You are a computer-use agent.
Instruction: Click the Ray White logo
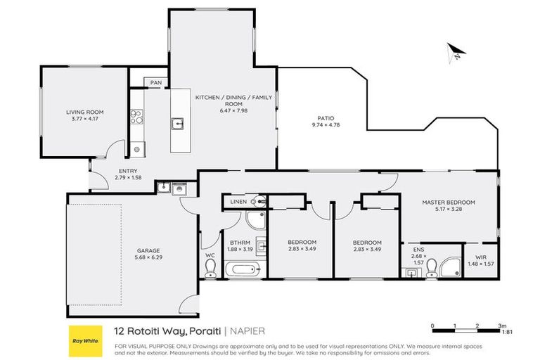point(86,341)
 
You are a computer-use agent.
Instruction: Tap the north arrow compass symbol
point(456,53)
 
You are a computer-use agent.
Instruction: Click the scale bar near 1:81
point(466,330)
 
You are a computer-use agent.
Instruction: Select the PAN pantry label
point(156,83)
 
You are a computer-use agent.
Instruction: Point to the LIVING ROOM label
point(84,112)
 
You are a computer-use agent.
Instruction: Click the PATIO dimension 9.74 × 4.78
point(326,124)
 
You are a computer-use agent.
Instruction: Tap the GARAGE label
point(148,250)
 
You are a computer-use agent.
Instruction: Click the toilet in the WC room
point(210,269)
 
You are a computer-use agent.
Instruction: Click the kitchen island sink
point(177,123)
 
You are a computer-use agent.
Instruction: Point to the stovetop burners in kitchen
point(136,117)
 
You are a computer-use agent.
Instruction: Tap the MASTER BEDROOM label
point(449,202)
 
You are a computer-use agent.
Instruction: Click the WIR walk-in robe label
point(481,257)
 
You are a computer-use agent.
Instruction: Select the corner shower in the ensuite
point(450,267)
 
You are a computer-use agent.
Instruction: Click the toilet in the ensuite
point(431,269)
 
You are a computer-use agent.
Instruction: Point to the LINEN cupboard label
point(238,202)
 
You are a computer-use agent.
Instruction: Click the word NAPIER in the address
point(247,331)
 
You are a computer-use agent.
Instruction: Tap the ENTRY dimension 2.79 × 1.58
point(128,177)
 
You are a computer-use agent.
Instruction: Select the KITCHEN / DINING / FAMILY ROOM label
point(233,101)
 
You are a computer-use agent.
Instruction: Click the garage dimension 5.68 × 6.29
point(148,257)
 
